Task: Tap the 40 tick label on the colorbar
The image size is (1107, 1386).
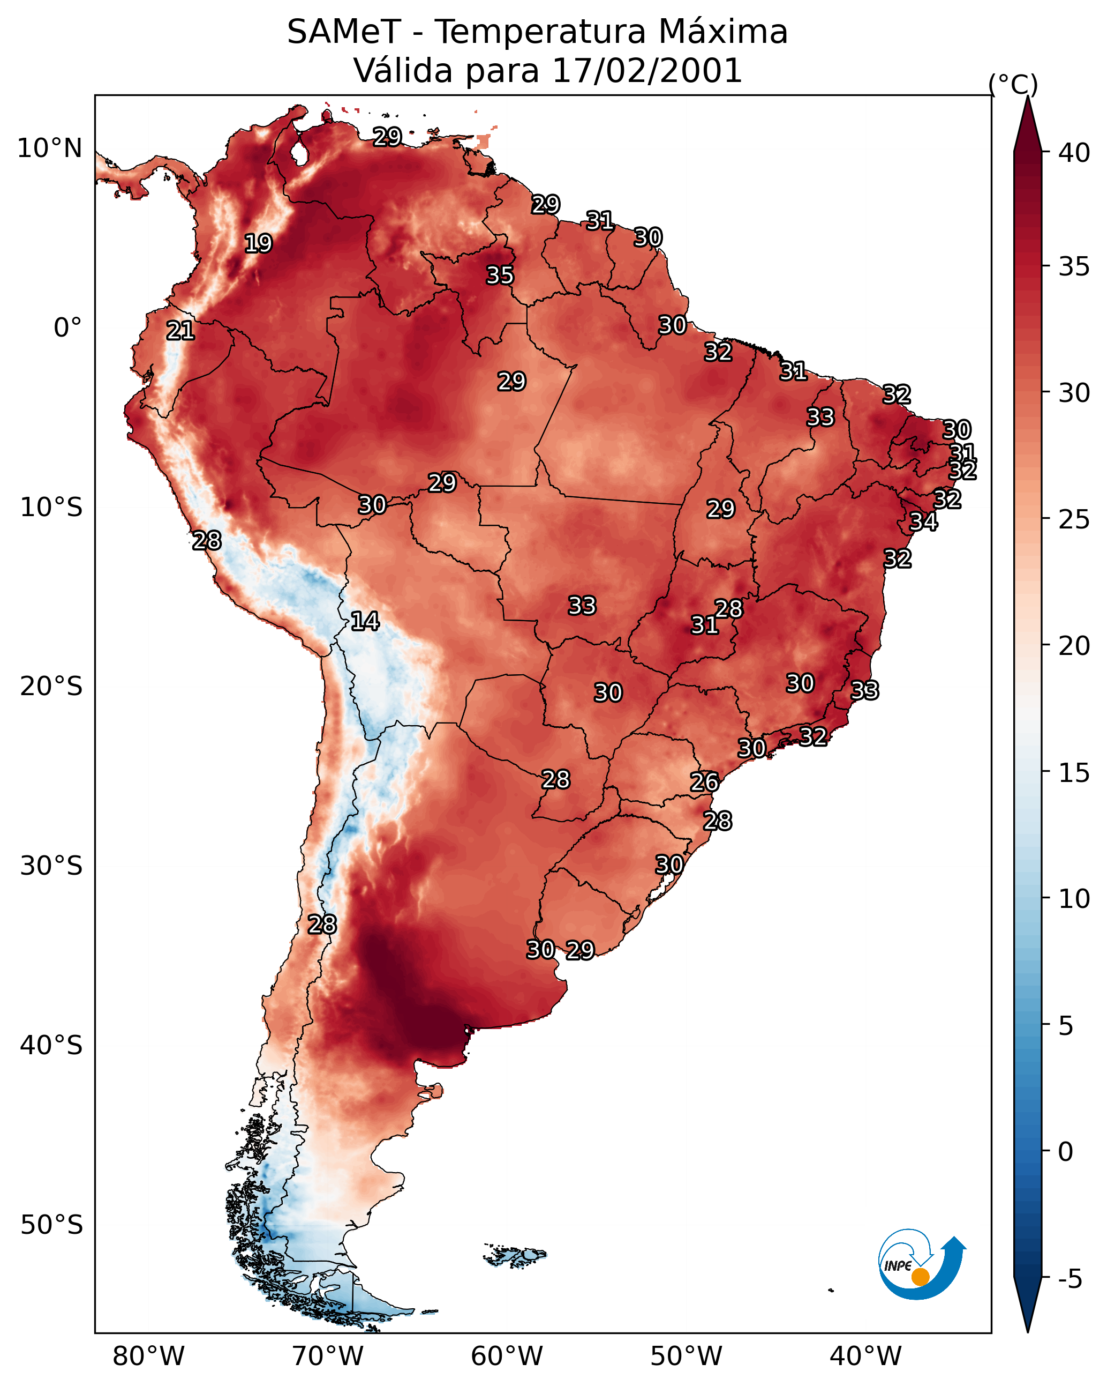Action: (x=1074, y=153)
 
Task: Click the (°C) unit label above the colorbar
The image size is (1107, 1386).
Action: (x=1013, y=84)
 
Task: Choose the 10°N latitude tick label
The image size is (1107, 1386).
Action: (x=49, y=148)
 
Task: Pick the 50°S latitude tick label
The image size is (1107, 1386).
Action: (x=51, y=1225)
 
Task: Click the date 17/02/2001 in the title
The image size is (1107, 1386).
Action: (x=646, y=71)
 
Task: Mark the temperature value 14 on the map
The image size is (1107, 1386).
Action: (x=365, y=621)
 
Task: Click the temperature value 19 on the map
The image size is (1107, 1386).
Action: (x=258, y=244)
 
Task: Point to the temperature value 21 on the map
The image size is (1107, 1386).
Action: (x=180, y=331)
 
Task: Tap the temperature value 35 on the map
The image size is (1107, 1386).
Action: (x=500, y=275)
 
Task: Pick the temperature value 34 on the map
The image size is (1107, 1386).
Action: (x=923, y=522)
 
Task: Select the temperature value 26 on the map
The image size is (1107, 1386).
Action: (x=704, y=783)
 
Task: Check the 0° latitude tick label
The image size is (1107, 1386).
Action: (x=67, y=328)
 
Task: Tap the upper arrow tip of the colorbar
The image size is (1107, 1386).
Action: (x=1028, y=99)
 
